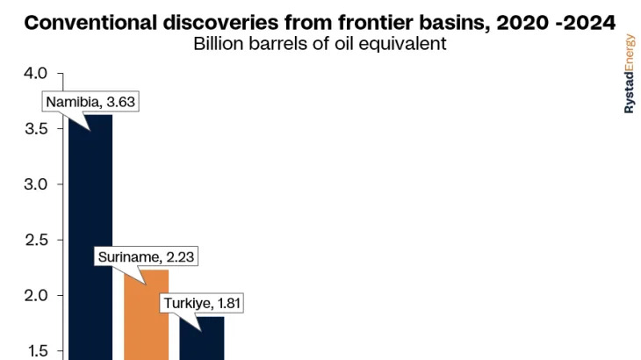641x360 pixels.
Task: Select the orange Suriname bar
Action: click(x=147, y=315)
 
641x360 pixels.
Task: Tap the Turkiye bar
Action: click(x=202, y=338)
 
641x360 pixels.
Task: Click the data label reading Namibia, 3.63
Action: click(x=90, y=102)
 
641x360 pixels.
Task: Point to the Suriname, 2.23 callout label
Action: click(x=146, y=256)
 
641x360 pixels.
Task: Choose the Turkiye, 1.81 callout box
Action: click(x=202, y=303)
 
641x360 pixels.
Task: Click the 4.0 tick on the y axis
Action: click(x=36, y=74)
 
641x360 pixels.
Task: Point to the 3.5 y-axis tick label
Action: click(x=36, y=129)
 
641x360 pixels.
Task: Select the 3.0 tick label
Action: click(x=36, y=184)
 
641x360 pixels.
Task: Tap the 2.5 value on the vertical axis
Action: click(x=36, y=240)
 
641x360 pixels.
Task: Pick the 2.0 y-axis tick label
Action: click(x=36, y=295)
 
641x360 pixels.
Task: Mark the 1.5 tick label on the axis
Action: click(x=37, y=351)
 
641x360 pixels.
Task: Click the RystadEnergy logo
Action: click(x=630, y=74)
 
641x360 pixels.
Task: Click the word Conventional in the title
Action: click(x=90, y=23)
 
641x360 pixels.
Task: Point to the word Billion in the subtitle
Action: click(x=219, y=44)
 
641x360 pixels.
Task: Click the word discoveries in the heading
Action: click(x=220, y=23)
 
